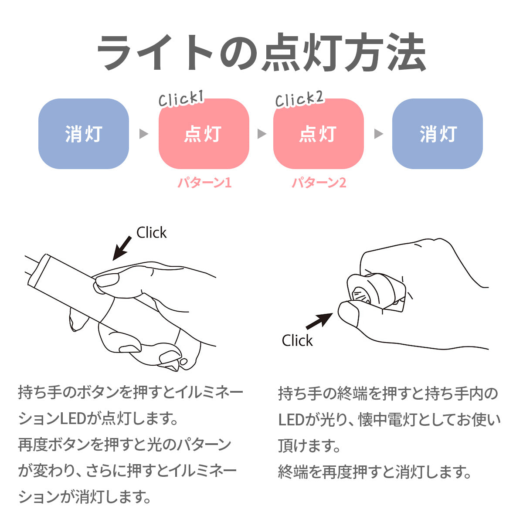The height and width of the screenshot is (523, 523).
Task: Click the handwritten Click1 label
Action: [181, 99]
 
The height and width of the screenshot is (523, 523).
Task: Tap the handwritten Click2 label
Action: [299, 99]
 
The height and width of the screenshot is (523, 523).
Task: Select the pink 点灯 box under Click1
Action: [204, 134]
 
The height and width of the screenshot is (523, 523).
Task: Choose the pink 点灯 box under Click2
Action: [318, 134]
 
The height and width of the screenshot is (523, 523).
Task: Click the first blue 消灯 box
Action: [84, 134]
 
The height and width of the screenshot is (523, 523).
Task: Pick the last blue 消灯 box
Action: [438, 134]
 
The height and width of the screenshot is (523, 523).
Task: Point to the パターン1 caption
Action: [204, 183]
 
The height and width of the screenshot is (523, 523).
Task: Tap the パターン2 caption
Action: [319, 183]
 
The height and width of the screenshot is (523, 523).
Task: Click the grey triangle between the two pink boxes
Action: [261, 134]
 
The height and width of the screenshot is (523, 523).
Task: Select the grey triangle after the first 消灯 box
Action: [144, 134]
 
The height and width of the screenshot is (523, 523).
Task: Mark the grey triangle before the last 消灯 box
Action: [379, 134]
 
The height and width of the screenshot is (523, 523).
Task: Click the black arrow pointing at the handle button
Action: [122, 248]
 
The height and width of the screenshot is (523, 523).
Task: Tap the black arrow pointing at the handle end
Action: [319, 321]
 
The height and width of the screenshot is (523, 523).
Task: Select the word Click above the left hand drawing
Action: [151, 233]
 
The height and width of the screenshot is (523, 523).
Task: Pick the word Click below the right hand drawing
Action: [297, 341]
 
